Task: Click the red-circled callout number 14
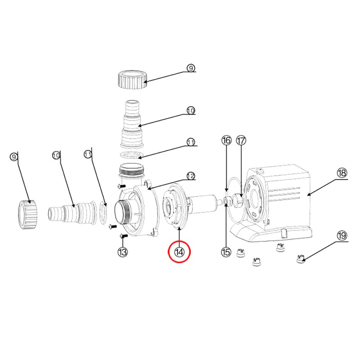[179, 252]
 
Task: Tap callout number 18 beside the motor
[342, 173]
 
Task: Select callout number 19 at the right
[342, 235]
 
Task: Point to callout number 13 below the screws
[123, 252]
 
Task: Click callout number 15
[226, 252]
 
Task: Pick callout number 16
[226, 140]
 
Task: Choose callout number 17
[241, 140]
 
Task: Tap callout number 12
[191, 176]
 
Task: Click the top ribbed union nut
[132, 80]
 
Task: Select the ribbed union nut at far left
[28, 215]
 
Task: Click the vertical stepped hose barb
[132, 124]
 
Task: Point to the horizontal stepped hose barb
[72, 213]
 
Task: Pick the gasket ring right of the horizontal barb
[103, 212]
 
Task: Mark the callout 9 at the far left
[14, 157]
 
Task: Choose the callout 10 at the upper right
[191, 111]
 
